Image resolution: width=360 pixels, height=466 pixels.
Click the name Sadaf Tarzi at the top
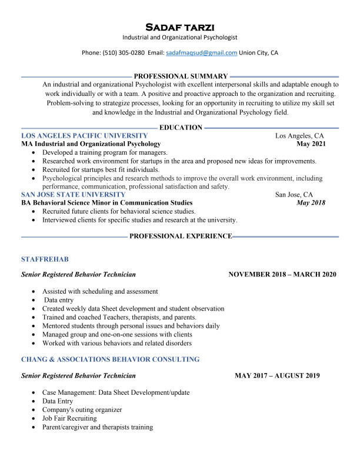(x=179, y=27)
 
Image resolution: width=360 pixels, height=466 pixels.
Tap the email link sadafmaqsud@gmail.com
(x=201, y=52)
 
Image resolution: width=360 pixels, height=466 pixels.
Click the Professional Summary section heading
(x=181, y=76)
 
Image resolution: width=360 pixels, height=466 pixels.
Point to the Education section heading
(x=181, y=127)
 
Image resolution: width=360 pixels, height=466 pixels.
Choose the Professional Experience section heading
(x=181, y=236)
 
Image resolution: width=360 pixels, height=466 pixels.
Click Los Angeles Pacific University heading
(x=84, y=135)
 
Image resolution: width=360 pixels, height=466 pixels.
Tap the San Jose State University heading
(x=73, y=194)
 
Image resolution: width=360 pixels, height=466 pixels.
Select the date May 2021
(x=311, y=144)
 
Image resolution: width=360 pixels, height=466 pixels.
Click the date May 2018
(x=311, y=203)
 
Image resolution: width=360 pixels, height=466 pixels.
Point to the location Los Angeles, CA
(x=299, y=135)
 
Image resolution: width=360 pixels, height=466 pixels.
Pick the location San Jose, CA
(x=294, y=194)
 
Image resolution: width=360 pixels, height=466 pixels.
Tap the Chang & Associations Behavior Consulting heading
(x=110, y=359)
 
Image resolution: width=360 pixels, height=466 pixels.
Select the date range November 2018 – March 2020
(x=282, y=274)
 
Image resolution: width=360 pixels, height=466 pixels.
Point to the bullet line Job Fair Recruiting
(x=69, y=418)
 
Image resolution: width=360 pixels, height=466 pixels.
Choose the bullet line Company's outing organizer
(x=82, y=410)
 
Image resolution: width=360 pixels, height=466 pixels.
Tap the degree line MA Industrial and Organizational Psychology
(x=91, y=144)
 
